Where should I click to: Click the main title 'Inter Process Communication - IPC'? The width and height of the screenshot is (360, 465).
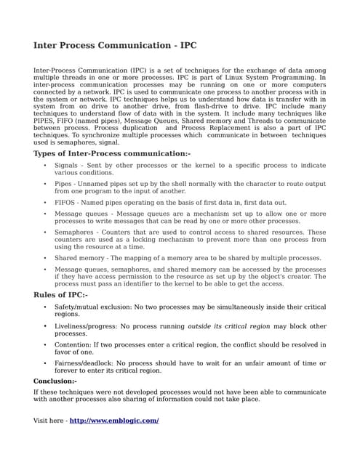click(115, 45)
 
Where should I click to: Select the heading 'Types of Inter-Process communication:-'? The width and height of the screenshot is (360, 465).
click(112, 153)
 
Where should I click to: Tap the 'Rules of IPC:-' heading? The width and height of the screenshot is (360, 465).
click(60, 295)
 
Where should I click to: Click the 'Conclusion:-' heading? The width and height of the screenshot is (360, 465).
click(55, 381)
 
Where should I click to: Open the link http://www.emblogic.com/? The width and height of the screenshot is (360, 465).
click(114, 421)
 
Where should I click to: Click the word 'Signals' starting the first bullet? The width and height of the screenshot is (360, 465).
click(66, 166)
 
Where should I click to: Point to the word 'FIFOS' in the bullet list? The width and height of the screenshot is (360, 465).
click(66, 202)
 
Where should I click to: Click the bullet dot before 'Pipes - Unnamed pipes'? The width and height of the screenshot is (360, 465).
click(45, 184)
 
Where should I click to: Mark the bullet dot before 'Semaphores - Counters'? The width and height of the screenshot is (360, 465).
click(45, 232)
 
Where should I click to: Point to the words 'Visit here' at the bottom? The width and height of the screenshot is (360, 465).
click(48, 421)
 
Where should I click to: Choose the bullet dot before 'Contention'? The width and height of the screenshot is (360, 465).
click(45, 344)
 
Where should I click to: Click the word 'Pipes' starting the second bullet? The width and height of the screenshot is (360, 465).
click(64, 184)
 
